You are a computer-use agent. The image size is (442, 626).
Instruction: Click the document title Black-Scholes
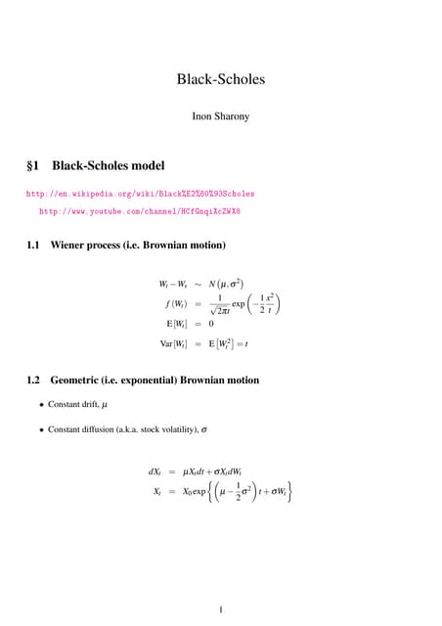221,79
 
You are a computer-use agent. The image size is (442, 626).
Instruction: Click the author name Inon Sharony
221,117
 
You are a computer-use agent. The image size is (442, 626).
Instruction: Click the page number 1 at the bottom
221,610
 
